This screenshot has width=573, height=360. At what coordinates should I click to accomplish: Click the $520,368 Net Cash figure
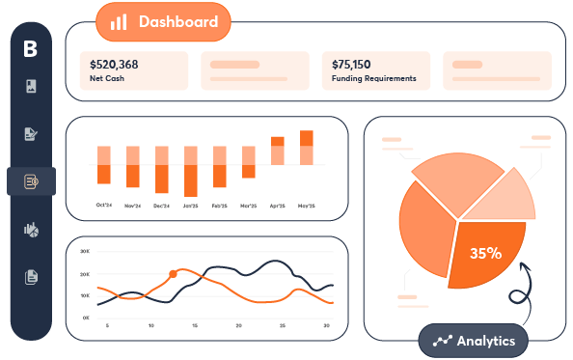tap(114, 65)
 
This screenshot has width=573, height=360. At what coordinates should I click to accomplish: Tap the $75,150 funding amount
tap(351, 65)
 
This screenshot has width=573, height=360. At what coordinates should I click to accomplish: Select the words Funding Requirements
tap(373, 79)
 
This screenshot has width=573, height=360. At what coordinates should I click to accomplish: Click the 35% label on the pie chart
tap(485, 254)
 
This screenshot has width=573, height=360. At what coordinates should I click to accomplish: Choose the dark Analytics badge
tap(474, 341)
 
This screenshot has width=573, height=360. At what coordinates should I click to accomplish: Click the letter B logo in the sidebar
tap(31, 48)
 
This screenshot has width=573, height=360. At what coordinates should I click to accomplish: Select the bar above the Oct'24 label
tap(104, 165)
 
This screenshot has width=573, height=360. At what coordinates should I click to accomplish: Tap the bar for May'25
tap(307, 151)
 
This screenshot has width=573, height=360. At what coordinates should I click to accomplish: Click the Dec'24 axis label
tap(161, 206)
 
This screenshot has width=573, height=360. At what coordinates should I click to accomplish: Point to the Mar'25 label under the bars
tap(249, 206)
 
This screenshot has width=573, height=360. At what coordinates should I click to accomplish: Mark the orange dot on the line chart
tap(174, 274)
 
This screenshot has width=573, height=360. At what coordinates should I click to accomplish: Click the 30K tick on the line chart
tap(85, 251)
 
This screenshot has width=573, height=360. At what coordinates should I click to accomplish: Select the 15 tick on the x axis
tap(196, 326)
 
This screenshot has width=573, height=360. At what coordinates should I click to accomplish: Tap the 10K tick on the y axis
tap(85, 295)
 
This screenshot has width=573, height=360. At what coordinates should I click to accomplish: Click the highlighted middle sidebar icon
tap(31, 180)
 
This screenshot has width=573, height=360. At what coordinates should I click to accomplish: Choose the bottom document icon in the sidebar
tap(31, 277)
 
